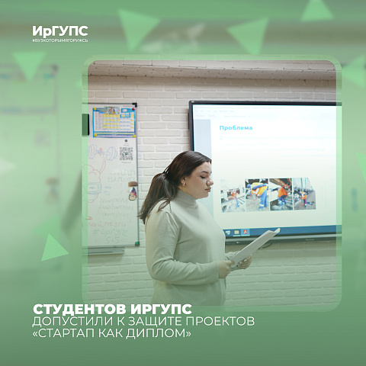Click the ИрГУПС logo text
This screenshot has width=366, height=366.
pos(60,30)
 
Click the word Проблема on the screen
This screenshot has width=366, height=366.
pos(236,127)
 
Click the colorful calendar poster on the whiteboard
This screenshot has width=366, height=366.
pos(114,120)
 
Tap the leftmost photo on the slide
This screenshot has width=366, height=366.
pos(233,195)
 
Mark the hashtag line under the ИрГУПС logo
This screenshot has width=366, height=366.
pos(60,40)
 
